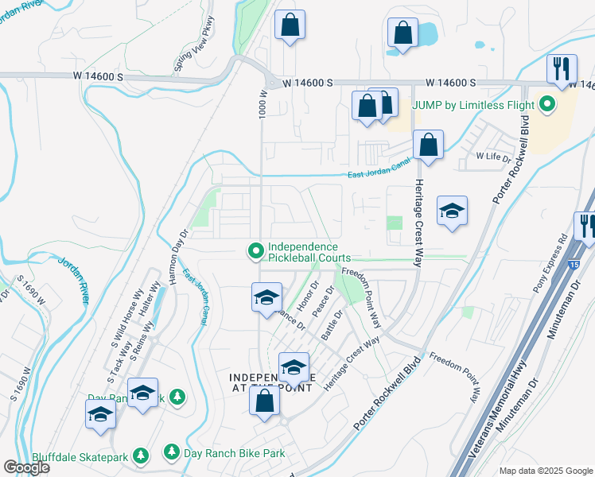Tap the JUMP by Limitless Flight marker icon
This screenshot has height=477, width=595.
point(547,104)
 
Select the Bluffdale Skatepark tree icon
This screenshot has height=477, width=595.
point(141,455)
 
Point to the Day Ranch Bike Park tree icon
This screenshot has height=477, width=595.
point(171,452)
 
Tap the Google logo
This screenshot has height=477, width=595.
point(26,467)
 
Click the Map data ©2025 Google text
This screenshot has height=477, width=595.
point(546,471)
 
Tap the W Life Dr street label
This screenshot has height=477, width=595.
point(493,157)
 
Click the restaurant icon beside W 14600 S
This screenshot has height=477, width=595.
point(562,69)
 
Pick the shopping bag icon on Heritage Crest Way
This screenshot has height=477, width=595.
point(428,145)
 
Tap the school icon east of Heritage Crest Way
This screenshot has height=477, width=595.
point(452,211)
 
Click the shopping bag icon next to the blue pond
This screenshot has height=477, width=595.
point(403,33)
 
